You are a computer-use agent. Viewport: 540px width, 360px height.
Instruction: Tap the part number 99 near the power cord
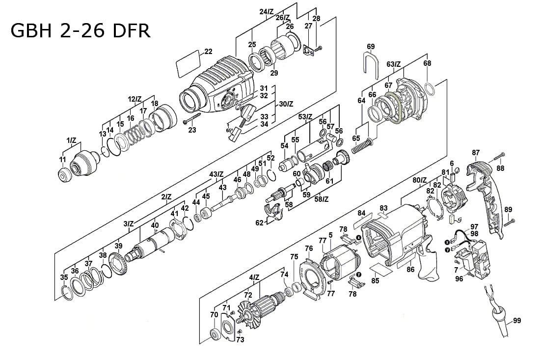coord(516,321)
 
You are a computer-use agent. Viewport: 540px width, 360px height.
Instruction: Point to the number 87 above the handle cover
coord(476,153)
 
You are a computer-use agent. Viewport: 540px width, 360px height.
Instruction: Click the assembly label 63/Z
coord(394,64)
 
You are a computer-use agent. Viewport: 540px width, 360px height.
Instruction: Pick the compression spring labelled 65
coord(362,146)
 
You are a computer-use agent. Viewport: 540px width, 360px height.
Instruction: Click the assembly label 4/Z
coord(254,277)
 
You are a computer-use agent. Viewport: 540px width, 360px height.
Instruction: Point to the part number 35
coord(64,277)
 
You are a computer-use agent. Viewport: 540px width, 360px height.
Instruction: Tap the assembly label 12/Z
coord(135,99)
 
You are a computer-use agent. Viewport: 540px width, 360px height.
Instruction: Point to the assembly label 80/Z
coord(420,180)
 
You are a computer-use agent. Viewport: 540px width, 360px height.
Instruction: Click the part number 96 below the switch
coord(459,279)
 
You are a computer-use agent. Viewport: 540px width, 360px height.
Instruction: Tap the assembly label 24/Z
coord(267,11)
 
